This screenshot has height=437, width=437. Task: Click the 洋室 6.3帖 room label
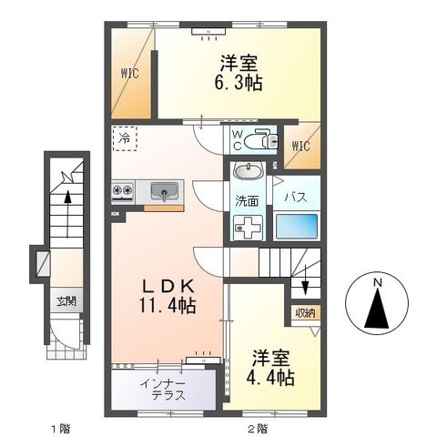pyautogui.click(x=239, y=73)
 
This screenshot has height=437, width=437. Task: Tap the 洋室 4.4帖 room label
pyautogui.click(x=270, y=368)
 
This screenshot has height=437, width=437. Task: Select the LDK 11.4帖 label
pyautogui.click(x=168, y=296)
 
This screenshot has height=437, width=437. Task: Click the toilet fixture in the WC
pyautogui.click(x=261, y=139)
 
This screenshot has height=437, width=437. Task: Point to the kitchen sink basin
pyautogui.click(x=164, y=191)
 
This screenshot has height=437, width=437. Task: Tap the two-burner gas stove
pyautogui.click(x=123, y=192)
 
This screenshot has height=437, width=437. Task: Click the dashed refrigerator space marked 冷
pyautogui.click(x=125, y=138)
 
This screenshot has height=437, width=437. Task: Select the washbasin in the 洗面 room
pyautogui.click(x=248, y=171)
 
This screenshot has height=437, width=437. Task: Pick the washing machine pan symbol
pyautogui.click(x=248, y=228)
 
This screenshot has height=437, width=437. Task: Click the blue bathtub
pyautogui.click(x=297, y=226)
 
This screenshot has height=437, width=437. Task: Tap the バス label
pyautogui.click(x=296, y=198)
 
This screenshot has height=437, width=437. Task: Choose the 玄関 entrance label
pyautogui.click(x=66, y=301)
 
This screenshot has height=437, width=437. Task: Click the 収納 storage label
pyautogui.click(x=306, y=313)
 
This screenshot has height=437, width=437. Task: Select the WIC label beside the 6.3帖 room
pyautogui.click(x=129, y=73)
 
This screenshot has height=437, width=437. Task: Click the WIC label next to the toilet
pyautogui.click(x=301, y=146)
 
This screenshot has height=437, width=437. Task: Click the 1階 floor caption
pyautogui.click(x=61, y=429)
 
